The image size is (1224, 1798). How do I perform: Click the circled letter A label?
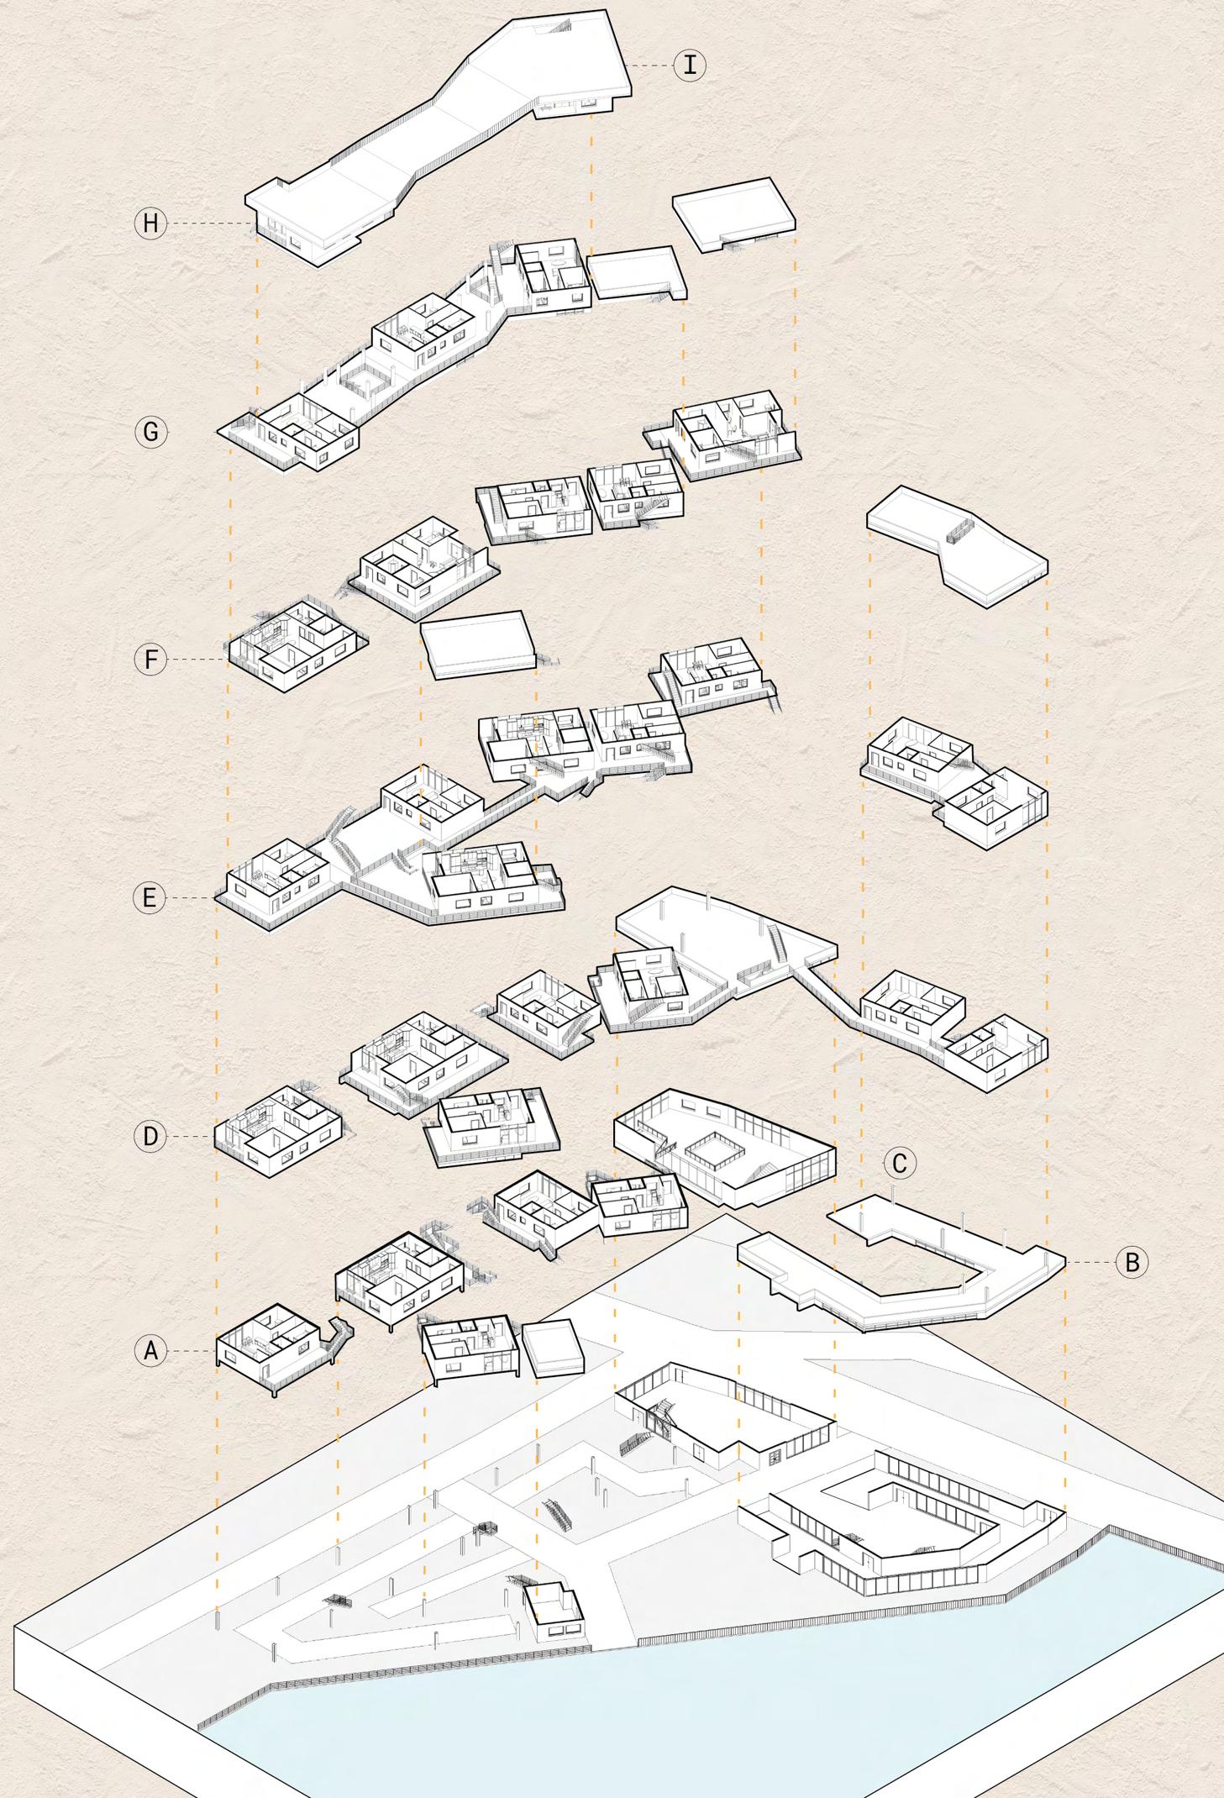[150, 1351]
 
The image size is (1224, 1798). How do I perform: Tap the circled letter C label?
[900, 1164]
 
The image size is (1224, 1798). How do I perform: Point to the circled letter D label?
[150, 1137]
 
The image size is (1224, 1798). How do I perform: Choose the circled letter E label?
[150, 898]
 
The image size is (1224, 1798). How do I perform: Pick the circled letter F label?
[150, 660]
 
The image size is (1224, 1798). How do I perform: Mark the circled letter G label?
[151, 433]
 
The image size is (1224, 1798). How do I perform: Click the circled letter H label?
[150, 223]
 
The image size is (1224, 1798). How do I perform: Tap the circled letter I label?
[690, 65]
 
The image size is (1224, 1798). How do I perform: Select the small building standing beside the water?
[554, 1606]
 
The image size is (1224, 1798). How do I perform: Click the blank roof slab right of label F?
[477, 643]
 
